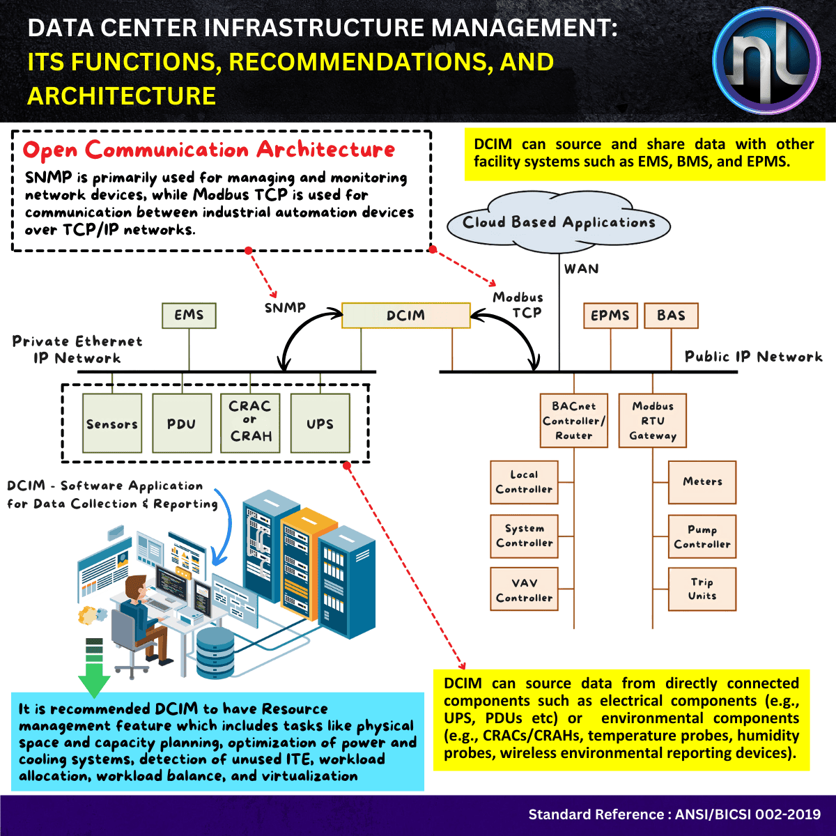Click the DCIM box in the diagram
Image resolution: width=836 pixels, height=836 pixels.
(405, 316)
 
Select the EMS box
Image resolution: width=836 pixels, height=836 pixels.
(189, 315)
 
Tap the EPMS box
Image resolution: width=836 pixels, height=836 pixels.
(610, 316)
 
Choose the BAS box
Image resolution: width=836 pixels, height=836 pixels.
(671, 316)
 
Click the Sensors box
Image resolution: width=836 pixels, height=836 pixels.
(112, 424)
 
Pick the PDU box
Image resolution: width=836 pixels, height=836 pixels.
(181, 424)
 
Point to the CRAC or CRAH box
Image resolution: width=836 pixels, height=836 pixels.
(250, 421)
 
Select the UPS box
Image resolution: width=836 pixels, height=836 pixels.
(320, 424)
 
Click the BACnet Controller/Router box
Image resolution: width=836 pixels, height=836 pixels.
(574, 421)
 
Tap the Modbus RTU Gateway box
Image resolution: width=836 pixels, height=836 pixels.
(653, 421)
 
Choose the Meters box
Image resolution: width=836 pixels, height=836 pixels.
(702, 482)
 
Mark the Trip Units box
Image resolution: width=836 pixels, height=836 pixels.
(702, 589)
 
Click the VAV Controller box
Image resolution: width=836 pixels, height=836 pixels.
(524, 590)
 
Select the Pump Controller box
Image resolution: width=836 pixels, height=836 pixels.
(702, 536)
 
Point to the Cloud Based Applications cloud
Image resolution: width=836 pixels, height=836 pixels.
(559, 223)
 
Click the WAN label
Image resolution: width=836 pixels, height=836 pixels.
(581, 269)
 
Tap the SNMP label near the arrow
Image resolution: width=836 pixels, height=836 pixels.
(285, 307)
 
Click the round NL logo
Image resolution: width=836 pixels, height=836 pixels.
(766, 61)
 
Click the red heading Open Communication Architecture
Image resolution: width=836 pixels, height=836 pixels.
(208, 150)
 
